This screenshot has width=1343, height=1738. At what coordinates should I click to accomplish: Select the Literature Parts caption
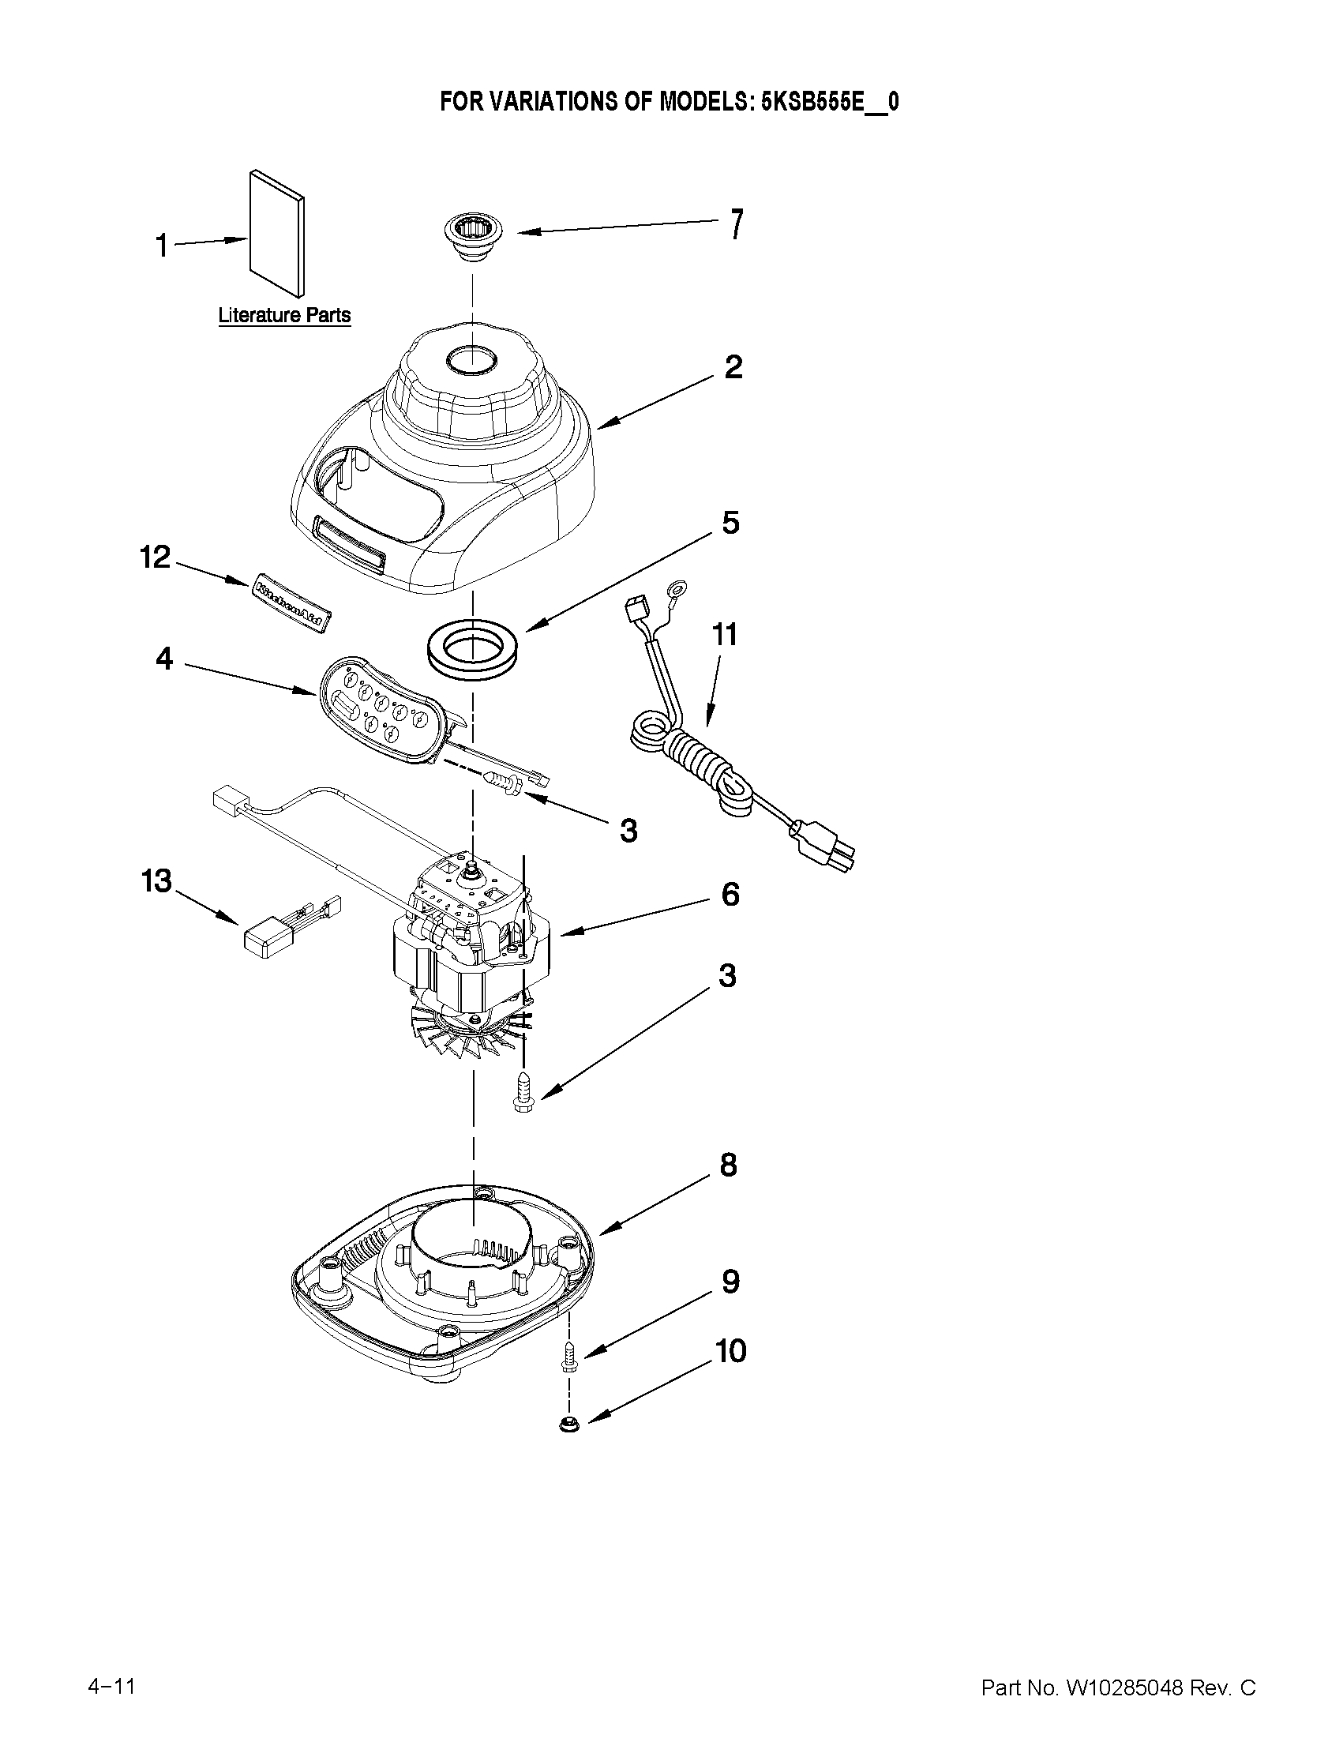click(284, 315)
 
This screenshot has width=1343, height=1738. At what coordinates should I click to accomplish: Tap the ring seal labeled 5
click(472, 643)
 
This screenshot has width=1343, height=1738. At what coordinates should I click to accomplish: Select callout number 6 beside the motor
click(730, 895)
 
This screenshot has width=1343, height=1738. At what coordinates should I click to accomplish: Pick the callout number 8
click(728, 1165)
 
